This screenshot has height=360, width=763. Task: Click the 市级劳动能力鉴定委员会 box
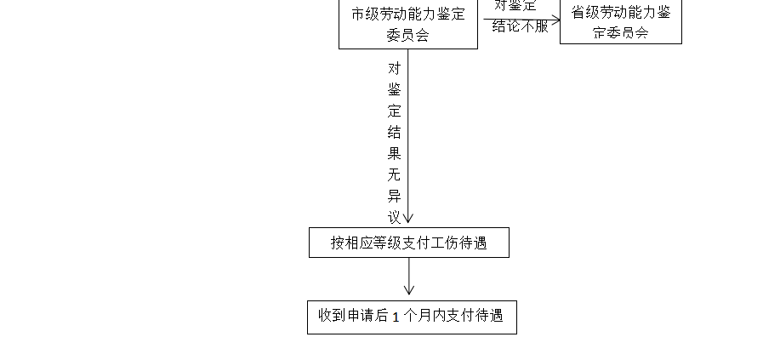408,24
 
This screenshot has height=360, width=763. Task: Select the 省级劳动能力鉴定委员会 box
620,21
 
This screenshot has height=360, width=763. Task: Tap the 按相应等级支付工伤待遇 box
408,243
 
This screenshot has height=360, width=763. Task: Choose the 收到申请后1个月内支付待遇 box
412,316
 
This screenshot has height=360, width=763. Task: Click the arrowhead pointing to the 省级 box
555,20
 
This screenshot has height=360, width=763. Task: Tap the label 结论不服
521,26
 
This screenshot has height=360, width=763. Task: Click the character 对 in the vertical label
394,68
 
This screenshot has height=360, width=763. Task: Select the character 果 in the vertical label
394,155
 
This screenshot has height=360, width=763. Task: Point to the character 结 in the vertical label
394,133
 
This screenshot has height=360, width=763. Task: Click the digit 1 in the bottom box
396,317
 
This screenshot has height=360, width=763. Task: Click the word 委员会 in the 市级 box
408,35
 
